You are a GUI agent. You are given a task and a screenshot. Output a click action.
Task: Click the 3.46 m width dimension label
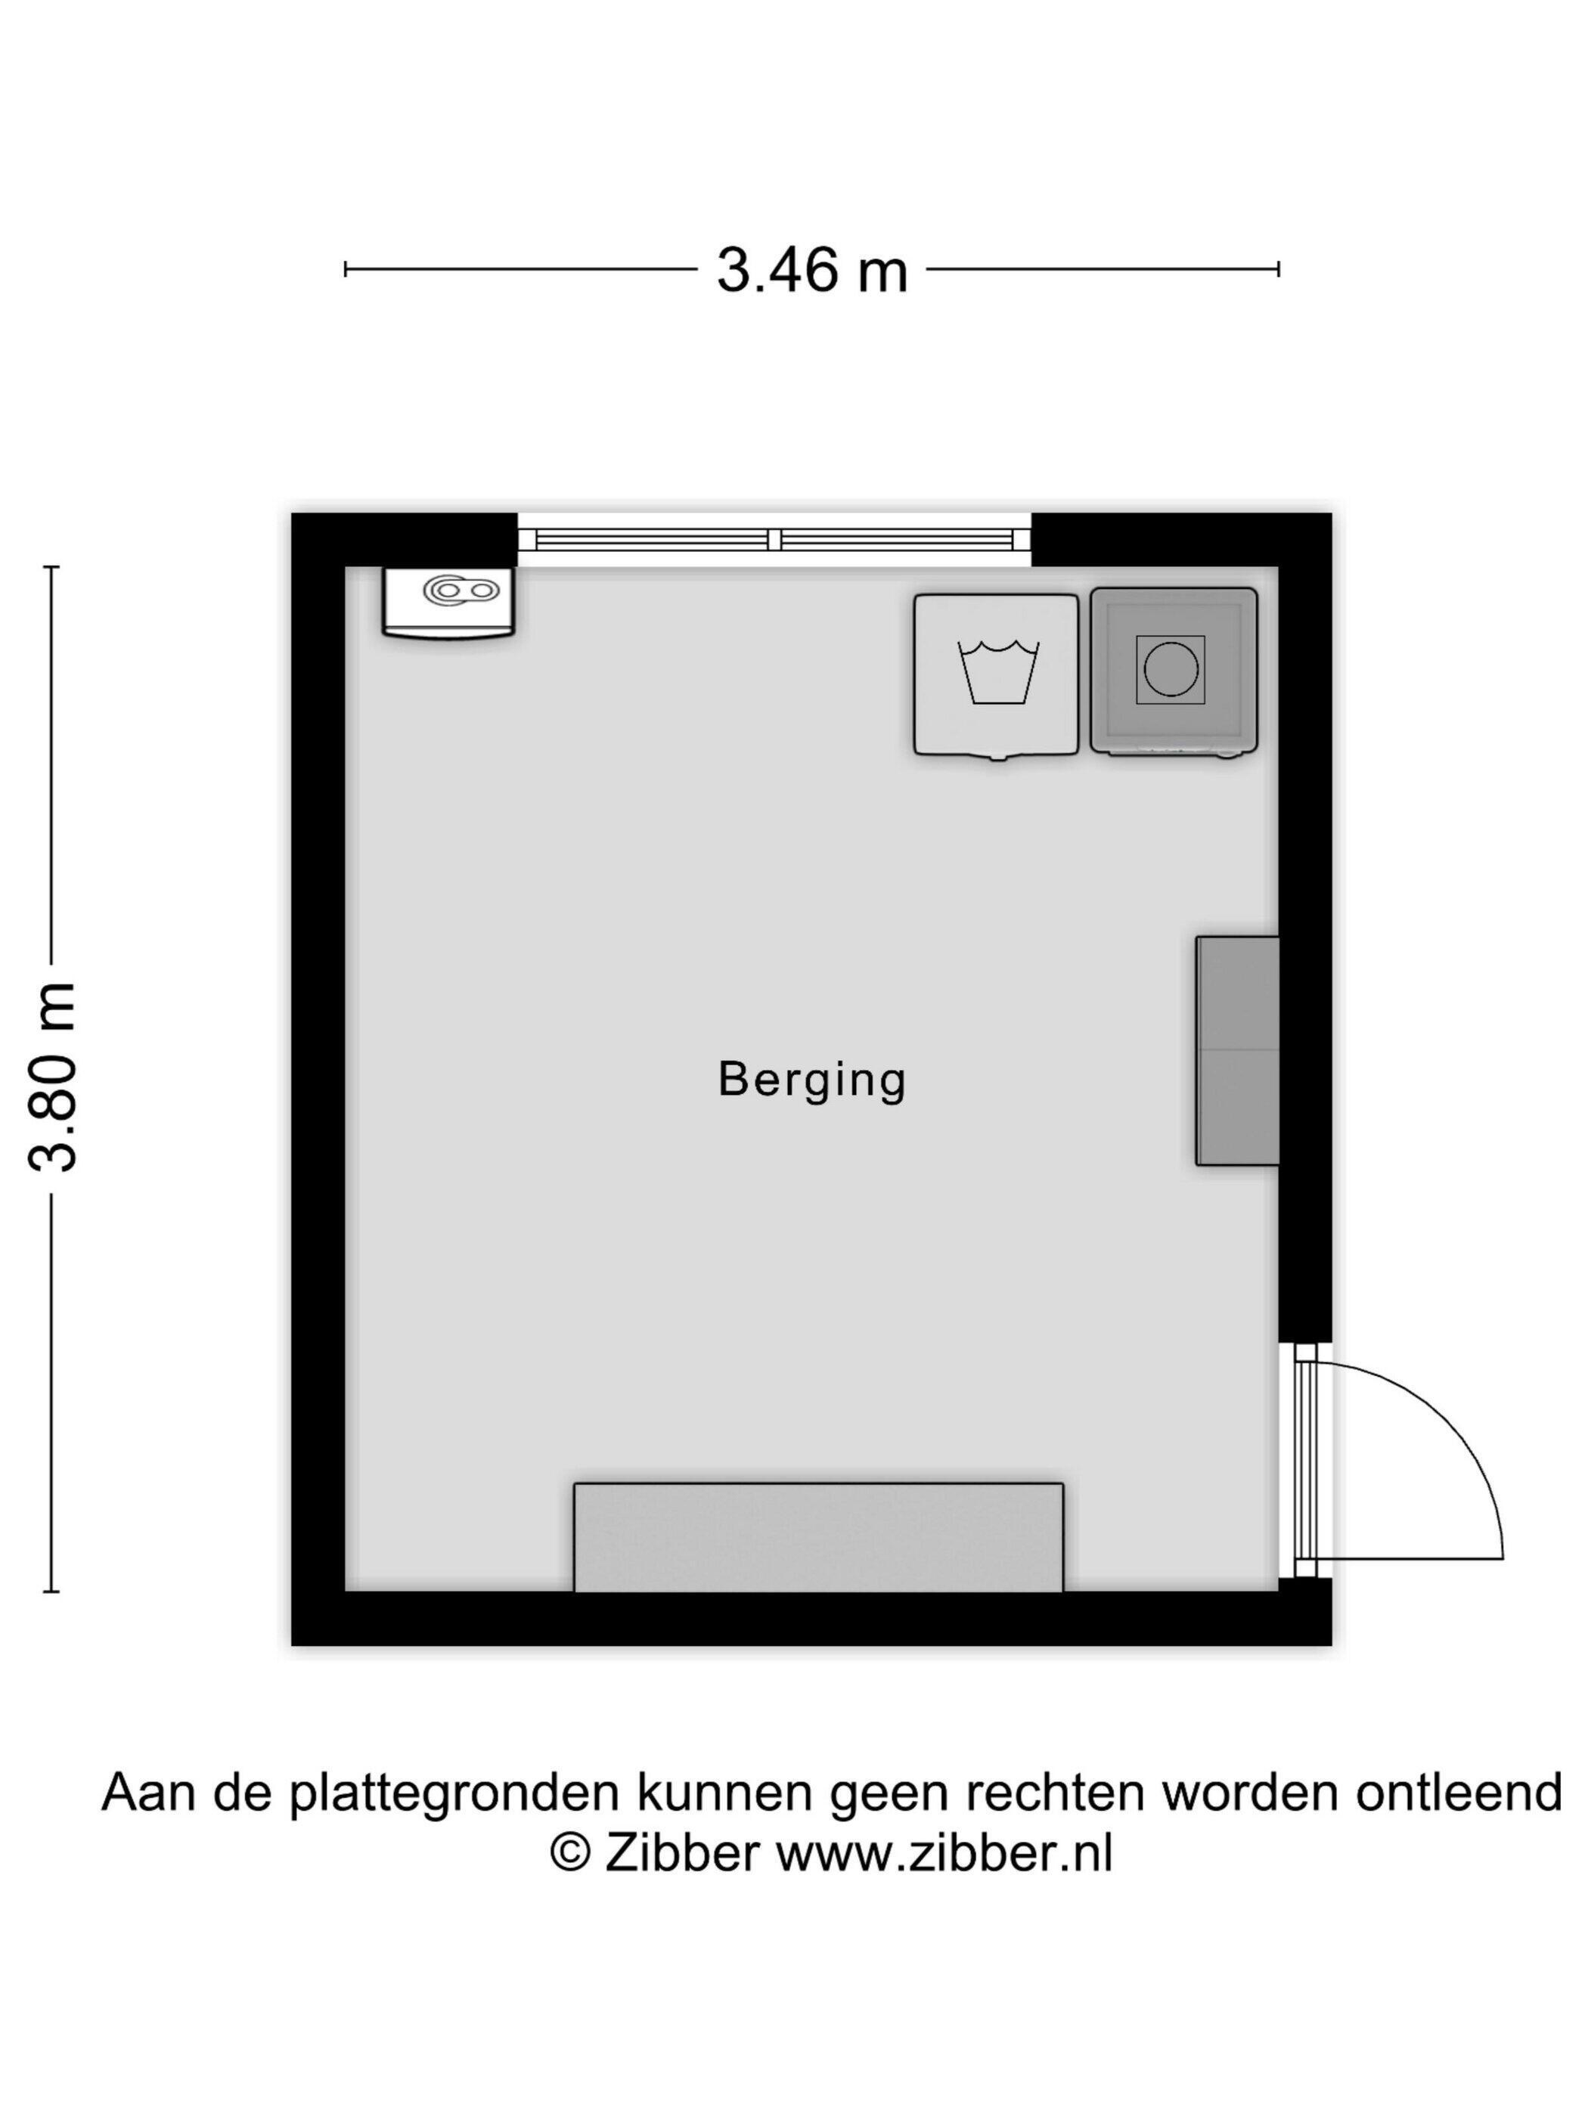tap(811, 270)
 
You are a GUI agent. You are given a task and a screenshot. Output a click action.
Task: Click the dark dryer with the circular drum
tap(1174, 672)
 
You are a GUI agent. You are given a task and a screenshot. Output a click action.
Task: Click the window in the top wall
tap(774, 540)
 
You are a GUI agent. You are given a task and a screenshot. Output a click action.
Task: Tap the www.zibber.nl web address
tap(944, 1854)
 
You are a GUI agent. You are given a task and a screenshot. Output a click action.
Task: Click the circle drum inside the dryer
tap(1171, 669)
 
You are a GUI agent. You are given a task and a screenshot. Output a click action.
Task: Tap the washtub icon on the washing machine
tap(998, 674)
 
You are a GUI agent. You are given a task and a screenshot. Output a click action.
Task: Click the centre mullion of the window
tap(774, 541)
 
